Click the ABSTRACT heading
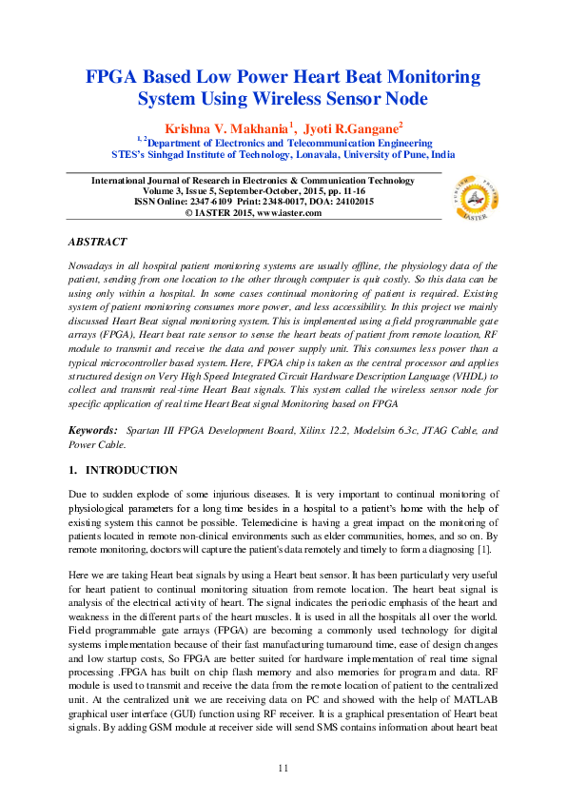tap(97, 244)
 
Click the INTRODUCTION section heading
tap(131, 470)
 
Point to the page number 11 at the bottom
tap(283, 767)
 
